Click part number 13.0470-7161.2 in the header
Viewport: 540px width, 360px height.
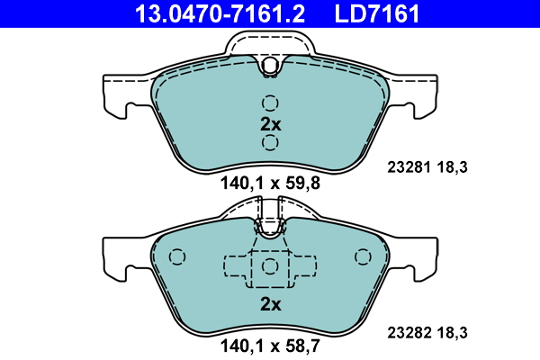220,13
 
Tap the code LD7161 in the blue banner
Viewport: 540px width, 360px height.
377,13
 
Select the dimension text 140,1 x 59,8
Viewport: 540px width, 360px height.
270,184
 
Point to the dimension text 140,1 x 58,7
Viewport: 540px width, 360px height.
270,346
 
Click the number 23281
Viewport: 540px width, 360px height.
409,167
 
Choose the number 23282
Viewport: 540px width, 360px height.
409,333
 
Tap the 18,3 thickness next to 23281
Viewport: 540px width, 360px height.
452,167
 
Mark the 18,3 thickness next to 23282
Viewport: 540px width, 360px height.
452,333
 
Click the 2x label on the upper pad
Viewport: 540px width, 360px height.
271,124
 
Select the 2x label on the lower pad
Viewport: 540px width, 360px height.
271,304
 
